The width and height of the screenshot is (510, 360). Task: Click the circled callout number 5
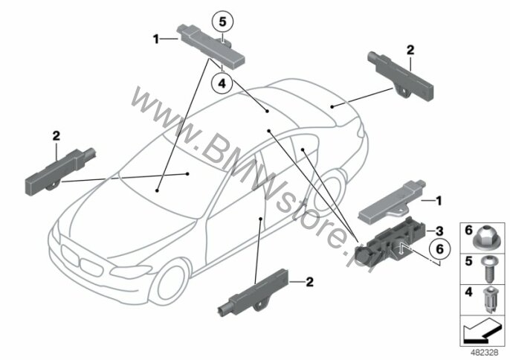coord(222,22)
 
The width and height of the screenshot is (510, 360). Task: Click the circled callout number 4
coord(222,83)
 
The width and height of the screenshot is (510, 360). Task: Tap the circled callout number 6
coord(439,249)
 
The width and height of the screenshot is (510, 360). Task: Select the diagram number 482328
coord(485,353)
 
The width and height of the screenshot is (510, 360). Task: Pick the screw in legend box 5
coord(489,270)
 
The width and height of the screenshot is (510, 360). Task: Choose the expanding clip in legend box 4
coord(489,300)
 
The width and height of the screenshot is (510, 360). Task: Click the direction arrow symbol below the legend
coord(482,331)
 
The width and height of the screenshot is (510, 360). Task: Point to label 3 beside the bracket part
coord(439,231)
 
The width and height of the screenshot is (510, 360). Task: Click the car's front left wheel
coord(172,280)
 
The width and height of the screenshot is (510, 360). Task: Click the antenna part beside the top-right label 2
coord(400,76)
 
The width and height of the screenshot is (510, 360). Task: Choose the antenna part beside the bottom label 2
coord(253,293)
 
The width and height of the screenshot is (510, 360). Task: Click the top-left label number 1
coord(156,39)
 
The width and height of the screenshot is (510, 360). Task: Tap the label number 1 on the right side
coord(439,201)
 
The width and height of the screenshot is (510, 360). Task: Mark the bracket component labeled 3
coord(389,240)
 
